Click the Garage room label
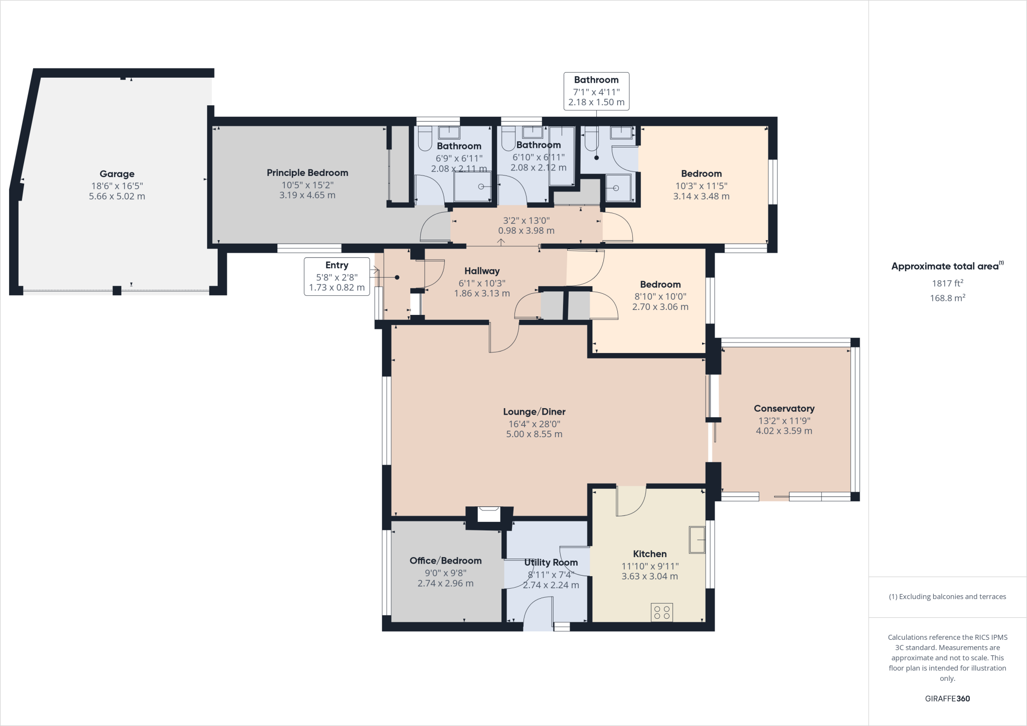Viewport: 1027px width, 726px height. (x=117, y=174)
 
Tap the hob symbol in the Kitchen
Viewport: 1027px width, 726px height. (x=661, y=612)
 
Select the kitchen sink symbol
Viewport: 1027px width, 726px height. (x=697, y=539)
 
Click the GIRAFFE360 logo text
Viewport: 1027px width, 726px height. (x=947, y=698)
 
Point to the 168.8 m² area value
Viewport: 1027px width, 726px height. (x=947, y=298)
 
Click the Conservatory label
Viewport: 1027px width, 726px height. (x=784, y=409)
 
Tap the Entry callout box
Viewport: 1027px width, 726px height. (x=336, y=276)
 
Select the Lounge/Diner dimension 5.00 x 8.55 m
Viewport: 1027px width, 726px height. (x=534, y=434)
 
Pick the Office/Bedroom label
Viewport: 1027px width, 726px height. (x=445, y=561)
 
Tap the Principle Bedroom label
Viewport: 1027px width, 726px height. (x=307, y=173)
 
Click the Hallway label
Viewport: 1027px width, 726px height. (x=482, y=271)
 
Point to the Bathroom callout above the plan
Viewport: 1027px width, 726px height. (x=596, y=91)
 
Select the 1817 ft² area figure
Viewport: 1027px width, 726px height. (x=947, y=283)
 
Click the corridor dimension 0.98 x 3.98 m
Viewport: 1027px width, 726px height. (x=526, y=231)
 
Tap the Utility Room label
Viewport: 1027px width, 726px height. (x=551, y=563)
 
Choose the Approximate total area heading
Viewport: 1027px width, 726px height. (x=947, y=266)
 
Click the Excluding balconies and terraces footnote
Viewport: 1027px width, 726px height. (x=947, y=597)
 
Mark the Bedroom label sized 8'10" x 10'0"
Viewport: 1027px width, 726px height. (x=660, y=284)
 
